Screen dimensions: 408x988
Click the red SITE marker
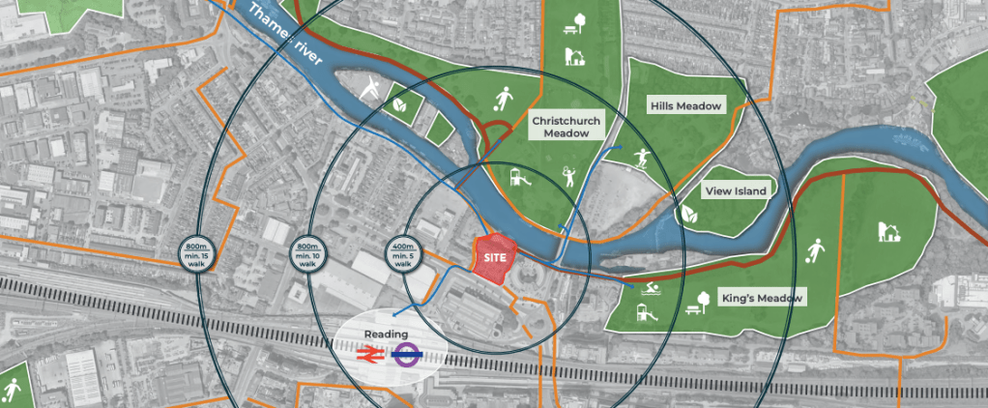point(496,258)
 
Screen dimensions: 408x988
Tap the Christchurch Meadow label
point(567,127)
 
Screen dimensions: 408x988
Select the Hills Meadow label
point(686,105)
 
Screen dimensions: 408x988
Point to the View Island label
point(735,190)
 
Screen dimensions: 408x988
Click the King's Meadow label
point(762,299)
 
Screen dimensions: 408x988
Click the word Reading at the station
point(386,334)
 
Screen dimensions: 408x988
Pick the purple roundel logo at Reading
point(406,355)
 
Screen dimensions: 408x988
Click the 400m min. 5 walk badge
point(404,252)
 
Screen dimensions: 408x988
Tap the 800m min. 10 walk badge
point(306,252)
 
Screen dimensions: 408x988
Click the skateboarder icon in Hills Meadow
point(642,158)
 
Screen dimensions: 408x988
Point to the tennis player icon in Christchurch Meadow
point(568,175)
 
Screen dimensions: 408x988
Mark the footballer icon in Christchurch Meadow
point(504,99)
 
